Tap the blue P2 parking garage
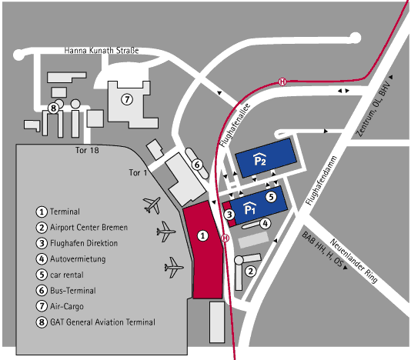click(x=266, y=158)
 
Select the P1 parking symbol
click(x=249, y=208)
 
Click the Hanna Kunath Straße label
click(x=102, y=50)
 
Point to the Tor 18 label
click(x=87, y=150)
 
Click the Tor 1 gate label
click(x=138, y=172)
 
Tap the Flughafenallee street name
click(x=235, y=125)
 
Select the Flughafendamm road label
click(x=321, y=181)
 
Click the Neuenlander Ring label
click(x=353, y=261)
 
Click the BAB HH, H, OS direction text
click(x=322, y=250)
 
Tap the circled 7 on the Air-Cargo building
click(x=127, y=99)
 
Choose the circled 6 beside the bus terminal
click(x=197, y=165)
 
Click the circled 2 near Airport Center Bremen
click(x=251, y=272)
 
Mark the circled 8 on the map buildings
click(x=53, y=108)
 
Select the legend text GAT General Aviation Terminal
click(x=102, y=322)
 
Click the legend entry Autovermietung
click(x=78, y=259)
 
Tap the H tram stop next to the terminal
click(x=226, y=238)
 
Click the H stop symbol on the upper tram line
click(x=282, y=82)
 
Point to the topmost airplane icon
click(x=152, y=205)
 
